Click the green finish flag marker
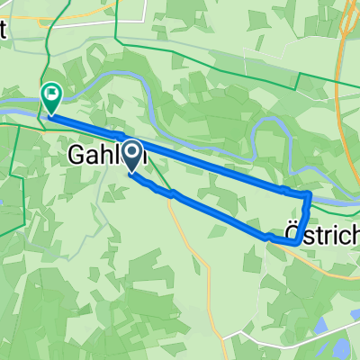click(51, 92)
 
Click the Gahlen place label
click(106, 157)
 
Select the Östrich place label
click(320, 231)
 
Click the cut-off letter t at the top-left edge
click(4, 27)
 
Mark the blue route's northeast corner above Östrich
click(309, 194)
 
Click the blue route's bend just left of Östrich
click(268, 236)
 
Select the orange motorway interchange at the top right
click(346, 36)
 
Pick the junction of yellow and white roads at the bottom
click(216, 342)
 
